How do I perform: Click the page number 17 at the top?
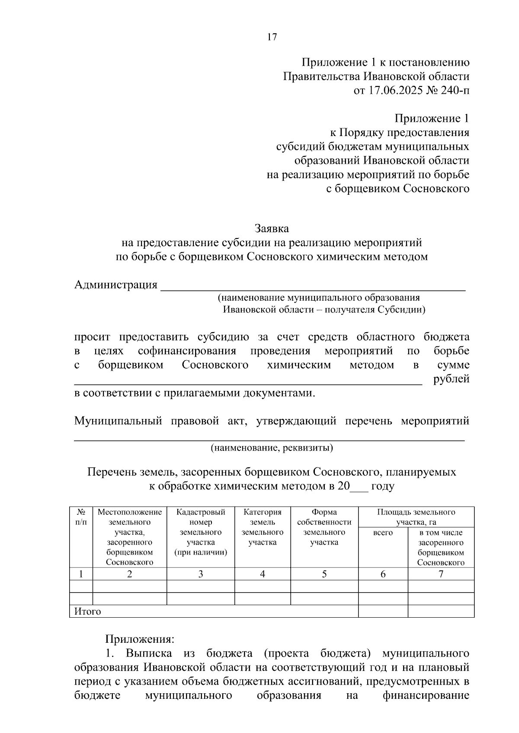click(x=272, y=37)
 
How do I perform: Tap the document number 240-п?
click(x=455, y=91)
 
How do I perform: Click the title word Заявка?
click(x=272, y=228)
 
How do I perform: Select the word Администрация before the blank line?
click(x=116, y=285)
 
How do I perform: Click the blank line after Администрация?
click(x=313, y=287)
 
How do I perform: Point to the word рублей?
click(x=451, y=379)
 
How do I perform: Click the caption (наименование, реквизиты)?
click(x=272, y=447)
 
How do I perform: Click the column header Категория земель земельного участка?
click(x=263, y=527)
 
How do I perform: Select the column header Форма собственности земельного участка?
click(x=324, y=527)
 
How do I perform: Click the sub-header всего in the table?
click(x=383, y=533)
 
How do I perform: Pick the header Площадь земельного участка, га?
click(x=416, y=517)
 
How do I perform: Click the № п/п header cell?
click(x=81, y=517)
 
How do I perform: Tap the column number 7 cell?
click(x=441, y=574)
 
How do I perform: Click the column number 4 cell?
click(x=263, y=574)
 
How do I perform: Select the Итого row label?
click(x=88, y=611)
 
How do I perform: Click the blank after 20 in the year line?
click(x=359, y=486)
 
